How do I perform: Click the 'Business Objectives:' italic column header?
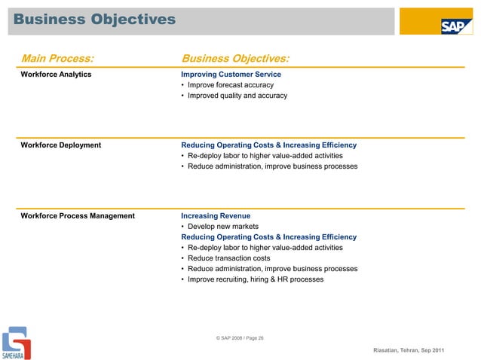point(236,58)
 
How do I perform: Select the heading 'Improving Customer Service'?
point(231,75)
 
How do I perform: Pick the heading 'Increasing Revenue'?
point(216,215)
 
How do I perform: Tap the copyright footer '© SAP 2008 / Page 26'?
point(240,338)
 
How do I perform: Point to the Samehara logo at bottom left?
point(16,343)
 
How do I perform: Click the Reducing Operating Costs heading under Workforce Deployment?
point(268,145)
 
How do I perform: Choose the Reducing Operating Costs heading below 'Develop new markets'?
point(268,236)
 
